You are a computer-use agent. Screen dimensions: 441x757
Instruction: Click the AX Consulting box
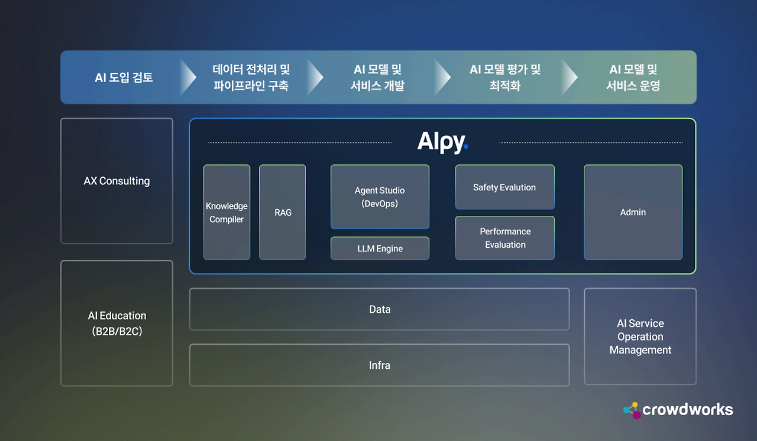117,181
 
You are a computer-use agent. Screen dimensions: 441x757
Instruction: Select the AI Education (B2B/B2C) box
117,323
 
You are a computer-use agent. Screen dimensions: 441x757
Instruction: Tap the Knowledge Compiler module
227,212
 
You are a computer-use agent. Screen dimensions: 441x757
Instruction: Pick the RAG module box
283,212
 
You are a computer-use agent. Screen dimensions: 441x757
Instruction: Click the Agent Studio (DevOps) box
380,197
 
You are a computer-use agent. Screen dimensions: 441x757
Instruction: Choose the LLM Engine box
380,248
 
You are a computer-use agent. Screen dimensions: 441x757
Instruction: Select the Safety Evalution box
504,187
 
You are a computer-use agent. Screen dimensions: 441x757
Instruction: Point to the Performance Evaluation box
504,238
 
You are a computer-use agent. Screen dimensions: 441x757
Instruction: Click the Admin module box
633,212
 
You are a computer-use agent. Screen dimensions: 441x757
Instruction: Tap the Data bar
379,309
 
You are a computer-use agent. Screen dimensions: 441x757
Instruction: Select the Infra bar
379,365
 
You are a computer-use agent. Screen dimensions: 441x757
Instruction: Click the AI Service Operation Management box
640,336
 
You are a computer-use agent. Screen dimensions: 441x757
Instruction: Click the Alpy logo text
442,142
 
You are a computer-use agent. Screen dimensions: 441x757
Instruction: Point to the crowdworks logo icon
632,410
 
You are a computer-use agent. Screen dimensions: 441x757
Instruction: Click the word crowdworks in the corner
687,410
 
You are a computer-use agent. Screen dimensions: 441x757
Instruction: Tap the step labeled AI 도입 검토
124,77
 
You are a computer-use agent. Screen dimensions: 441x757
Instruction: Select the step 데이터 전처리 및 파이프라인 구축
251,77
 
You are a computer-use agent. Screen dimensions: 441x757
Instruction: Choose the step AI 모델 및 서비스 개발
377,77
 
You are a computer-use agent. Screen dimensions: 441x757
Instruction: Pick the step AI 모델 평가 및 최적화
505,77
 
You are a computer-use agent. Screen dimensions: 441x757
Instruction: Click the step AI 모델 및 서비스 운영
633,77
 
